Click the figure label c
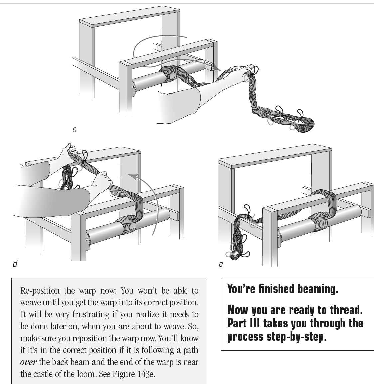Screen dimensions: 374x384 point(74,129)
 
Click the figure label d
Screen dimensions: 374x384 point(15,264)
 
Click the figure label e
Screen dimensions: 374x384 point(221,264)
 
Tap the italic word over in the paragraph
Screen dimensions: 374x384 point(28,362)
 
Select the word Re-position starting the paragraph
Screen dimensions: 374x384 point(40,291)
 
